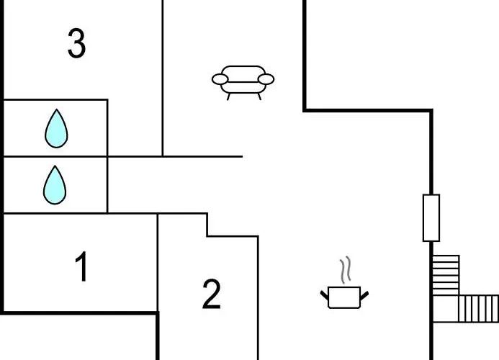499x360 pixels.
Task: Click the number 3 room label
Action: click(x=77, y=43)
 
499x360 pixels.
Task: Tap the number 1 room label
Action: click(x=82, y=266)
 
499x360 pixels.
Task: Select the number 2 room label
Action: click(x=211, y=294)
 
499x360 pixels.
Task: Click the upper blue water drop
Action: click(x=56, y=128)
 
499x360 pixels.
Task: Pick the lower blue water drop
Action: click(x=55, y=185)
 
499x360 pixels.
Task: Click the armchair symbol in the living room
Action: click(x=243, y=83)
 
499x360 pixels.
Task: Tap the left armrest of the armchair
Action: click(x=220, y=79)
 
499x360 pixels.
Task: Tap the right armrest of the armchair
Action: click(x=266, y=79)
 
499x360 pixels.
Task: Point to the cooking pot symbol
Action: click(x=344, y=297)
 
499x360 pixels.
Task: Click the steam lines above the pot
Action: click(x=346, y=270)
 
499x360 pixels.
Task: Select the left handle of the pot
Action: click(x=324, y=295)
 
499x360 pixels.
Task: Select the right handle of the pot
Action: click(x=364, y=295)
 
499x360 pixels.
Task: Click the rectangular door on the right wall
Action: click(x=431, y=218)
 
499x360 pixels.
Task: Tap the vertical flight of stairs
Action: click(x=446, y=275)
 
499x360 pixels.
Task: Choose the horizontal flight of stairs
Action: click(x=479, y=309)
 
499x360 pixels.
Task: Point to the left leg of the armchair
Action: click(x=228, y=96)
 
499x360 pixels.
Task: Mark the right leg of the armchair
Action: click(x=259, y=96)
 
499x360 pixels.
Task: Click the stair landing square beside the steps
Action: click(x=446, y=309)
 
